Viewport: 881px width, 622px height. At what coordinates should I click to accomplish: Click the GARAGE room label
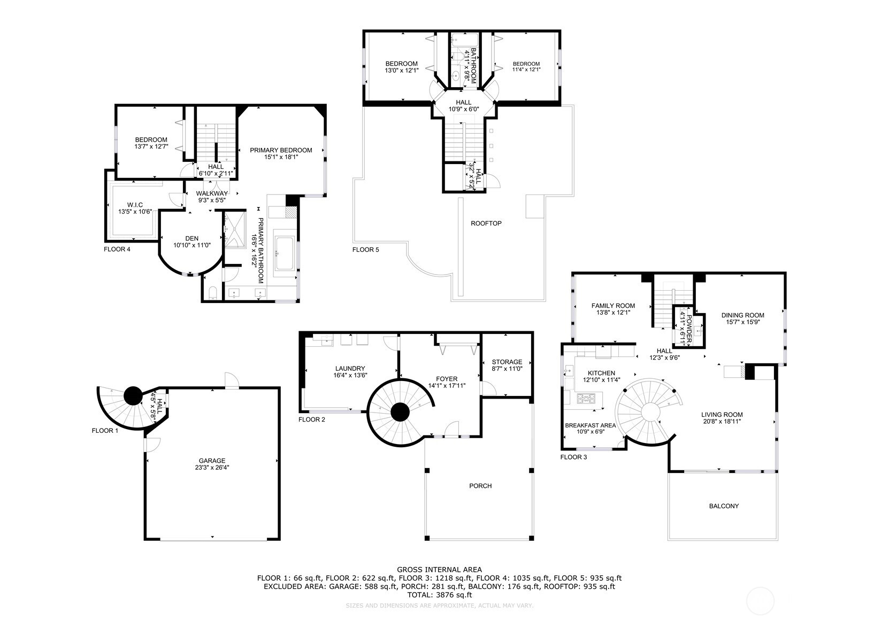(x=212, y=461)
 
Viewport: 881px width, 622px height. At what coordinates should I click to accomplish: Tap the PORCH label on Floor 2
(x=480, y=486)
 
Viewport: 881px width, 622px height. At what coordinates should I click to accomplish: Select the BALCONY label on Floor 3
(x=723, y=506)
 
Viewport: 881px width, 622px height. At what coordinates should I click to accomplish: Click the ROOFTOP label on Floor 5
(x=486, y=223)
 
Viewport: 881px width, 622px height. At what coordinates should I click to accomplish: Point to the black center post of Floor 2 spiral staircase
(x=400, y=412)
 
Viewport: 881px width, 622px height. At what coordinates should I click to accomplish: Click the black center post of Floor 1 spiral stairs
(x=133, y=396)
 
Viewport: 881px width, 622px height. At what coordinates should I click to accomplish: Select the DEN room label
(x=191, y=238)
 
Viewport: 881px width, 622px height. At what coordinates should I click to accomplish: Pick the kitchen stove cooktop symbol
(x=588, y=398)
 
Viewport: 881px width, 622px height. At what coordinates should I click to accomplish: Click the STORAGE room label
(x=507, y=362)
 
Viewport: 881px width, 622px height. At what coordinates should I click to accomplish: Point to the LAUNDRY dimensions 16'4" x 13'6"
(x=350, y=375)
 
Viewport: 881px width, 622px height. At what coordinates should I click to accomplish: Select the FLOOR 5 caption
(x=366, y=250)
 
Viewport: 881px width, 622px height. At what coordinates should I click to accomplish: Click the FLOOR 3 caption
(x=573, y=457)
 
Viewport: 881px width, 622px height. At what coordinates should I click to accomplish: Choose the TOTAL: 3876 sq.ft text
(x=439, y=594)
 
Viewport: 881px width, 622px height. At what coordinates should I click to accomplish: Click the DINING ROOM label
(x=742, y=315)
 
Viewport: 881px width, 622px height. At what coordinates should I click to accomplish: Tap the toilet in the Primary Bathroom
(x=212, y=292)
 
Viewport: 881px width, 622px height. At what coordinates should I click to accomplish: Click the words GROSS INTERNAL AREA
(x=439, y=570)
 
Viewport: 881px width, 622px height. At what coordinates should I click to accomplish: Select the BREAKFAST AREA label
(x=590, y=425)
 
